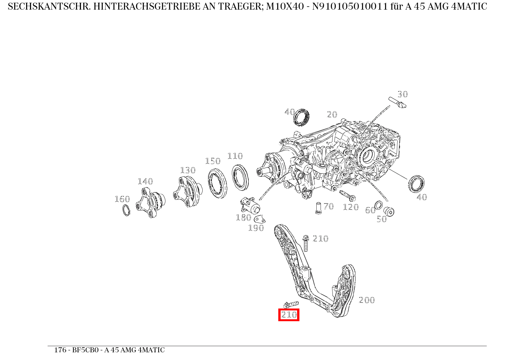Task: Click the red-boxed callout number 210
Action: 289,315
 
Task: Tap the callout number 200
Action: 367,300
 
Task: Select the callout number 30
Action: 402,94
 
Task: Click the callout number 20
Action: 332,114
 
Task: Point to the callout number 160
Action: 122,199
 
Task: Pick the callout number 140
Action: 145,181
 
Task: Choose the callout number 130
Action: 188,170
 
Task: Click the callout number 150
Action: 213,161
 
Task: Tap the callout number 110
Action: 235,156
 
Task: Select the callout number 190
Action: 256,228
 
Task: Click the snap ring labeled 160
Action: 126,210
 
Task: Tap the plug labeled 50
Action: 389,211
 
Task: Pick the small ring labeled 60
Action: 378,205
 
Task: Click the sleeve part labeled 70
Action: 318,208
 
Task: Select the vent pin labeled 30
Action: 397,103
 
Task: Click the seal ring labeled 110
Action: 240,177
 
